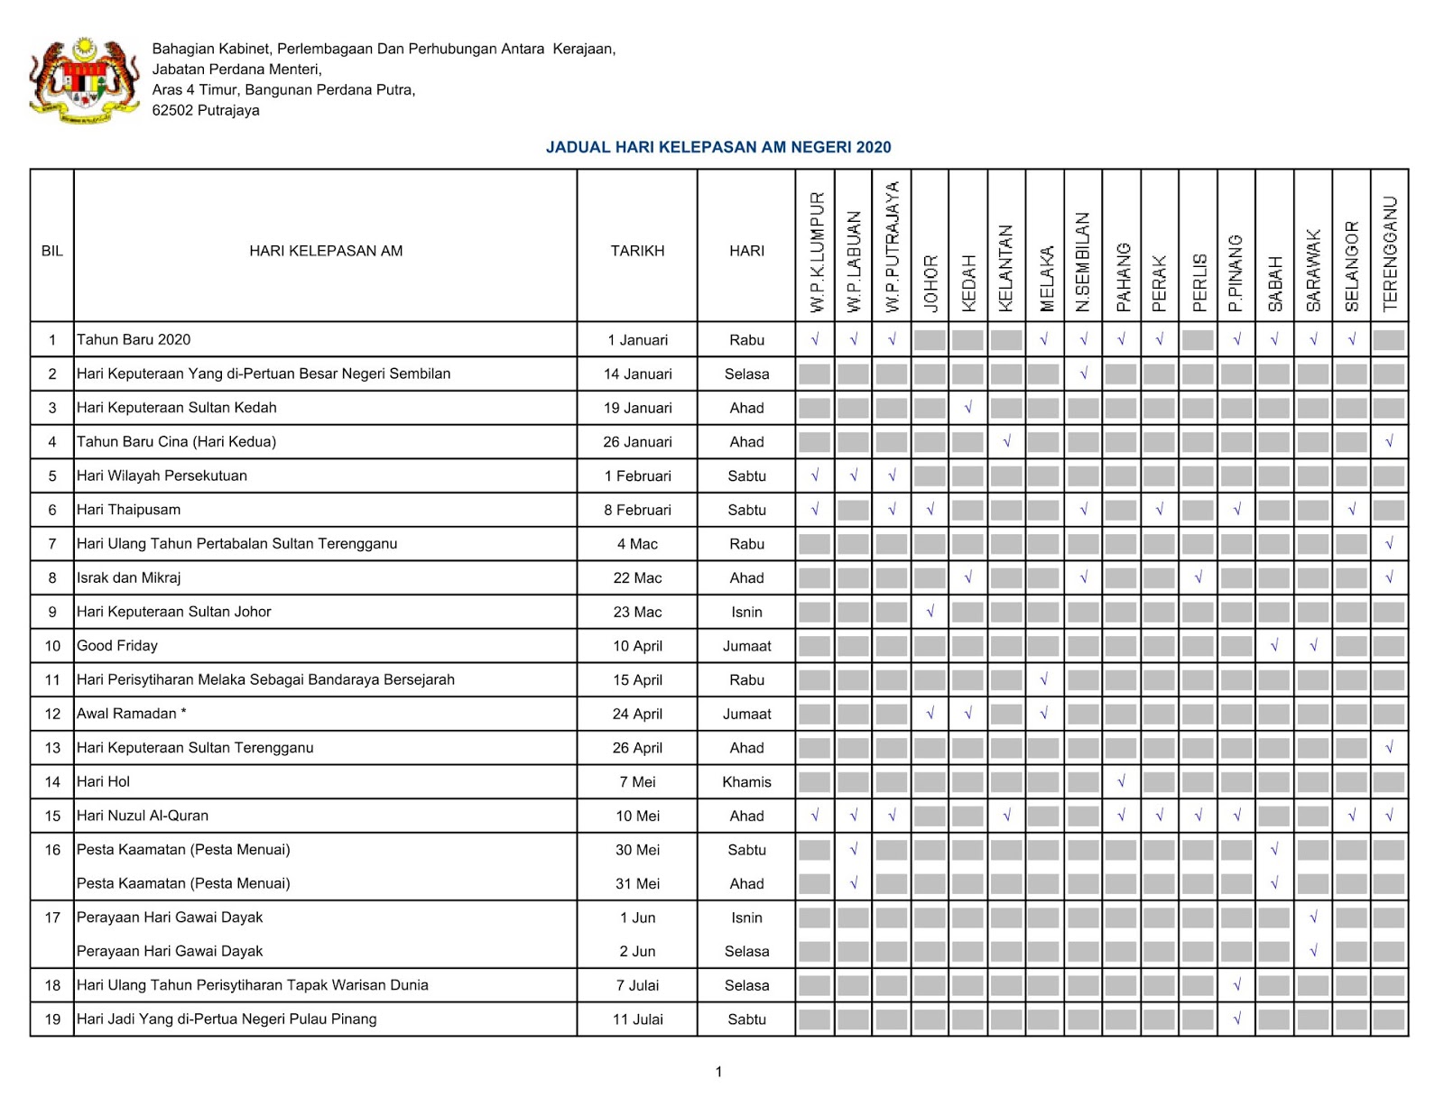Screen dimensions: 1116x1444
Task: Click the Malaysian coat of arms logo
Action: [84, 81]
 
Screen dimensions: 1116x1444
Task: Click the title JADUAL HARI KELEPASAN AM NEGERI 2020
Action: [718, 147]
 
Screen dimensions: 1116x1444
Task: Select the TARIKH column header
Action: [637, 251]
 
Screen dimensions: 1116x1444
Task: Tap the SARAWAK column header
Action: [1313, 270]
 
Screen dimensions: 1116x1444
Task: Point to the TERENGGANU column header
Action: [1390, 254]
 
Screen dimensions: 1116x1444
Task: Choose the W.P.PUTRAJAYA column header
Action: [892, 247]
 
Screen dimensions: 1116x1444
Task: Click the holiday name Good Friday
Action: [117, 646]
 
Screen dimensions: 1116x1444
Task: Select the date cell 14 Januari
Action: [637, 374]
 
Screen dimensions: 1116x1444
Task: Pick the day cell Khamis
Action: [746, 782]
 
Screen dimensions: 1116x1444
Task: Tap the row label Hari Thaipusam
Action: [128, 510]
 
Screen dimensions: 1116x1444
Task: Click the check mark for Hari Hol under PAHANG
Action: [1121, 781]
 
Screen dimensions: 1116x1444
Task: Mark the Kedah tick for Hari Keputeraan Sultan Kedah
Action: [967, 408]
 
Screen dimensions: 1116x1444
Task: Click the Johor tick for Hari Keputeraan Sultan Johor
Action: [930, 612]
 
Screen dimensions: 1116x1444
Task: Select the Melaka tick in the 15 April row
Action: [1044, 679]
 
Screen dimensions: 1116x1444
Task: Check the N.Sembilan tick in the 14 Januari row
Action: [1083, 374]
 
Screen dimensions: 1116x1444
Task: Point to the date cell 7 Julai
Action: [637, 986]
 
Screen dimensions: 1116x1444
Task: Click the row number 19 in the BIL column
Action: [52, 1019]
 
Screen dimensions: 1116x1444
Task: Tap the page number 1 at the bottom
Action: [718, 1072]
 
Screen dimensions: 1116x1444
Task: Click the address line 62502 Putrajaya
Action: [206, 111]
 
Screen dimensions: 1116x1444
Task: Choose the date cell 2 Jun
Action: [637, 952]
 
